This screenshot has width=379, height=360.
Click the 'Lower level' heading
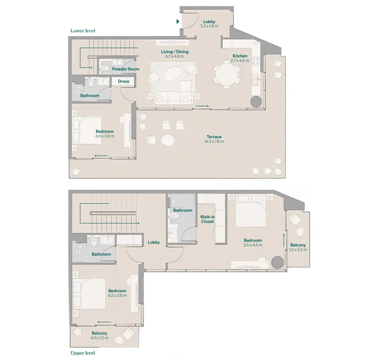[83, 31]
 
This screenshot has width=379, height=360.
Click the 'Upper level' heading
[82, 353]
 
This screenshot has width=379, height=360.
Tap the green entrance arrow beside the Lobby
[178, 21]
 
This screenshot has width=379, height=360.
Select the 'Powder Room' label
[125, 69]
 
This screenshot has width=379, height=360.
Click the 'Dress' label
[123, 82]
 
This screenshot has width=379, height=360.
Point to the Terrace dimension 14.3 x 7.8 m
[214, 142]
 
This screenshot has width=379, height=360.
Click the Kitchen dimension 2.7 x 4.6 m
[240, 61]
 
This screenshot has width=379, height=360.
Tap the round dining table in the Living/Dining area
[226, 76]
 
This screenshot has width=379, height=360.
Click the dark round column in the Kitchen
[257, 102]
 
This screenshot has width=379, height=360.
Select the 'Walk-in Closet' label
[207, 219]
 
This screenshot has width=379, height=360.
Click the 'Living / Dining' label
[174, 51]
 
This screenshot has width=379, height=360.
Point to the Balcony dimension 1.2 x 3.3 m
[298, 250]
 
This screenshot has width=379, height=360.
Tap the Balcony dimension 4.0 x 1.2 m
[99, 339]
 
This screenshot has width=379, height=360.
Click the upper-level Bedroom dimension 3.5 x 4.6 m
[252, 245]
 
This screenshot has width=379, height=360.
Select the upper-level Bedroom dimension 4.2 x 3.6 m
[117, 296]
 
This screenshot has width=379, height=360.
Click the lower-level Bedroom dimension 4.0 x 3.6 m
[104, 136]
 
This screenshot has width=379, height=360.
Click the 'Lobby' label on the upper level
[153, 242]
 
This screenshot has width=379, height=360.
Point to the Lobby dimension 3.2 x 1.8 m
[209, 26]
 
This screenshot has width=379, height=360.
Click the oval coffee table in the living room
[173, 78]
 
